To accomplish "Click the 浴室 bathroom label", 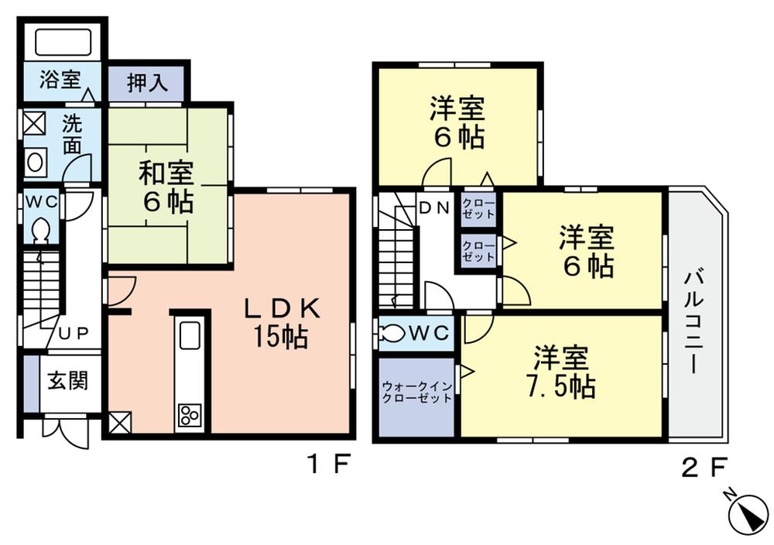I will point(60,81).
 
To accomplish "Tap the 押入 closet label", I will point(147,83).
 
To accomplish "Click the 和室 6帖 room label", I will point(166,187).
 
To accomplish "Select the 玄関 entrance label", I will point(67,381).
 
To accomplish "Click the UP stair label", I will point(74,333).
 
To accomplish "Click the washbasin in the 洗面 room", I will point(35,162).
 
